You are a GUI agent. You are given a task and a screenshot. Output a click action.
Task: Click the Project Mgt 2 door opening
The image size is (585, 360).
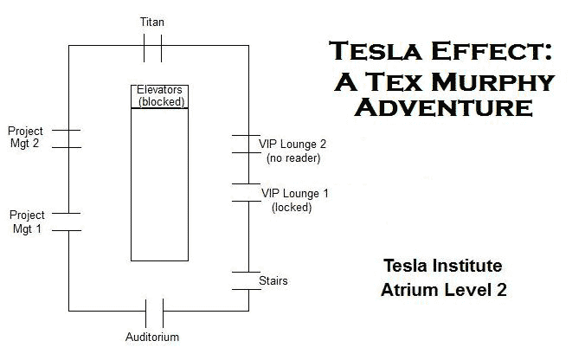coord(68,138)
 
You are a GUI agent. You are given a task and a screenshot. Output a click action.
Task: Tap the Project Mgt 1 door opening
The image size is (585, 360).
coord(68,222)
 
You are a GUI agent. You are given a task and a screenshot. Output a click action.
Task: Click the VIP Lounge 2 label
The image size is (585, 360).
coord(293,144)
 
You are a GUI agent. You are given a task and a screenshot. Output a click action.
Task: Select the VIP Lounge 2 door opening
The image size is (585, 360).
coord(248,145)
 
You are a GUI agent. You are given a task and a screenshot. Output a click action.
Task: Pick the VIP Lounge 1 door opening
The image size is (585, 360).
coord(248,192)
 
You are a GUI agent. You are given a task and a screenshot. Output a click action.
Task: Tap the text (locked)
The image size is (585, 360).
coord(292,207)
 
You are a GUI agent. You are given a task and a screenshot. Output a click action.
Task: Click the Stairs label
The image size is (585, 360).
coord(273,281)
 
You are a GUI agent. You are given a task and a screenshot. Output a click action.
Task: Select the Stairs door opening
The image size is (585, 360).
coord(248,281)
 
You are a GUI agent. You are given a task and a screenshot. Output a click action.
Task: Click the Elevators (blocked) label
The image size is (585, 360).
coord(159,95)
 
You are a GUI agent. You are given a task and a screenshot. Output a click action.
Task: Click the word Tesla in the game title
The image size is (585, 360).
coord(367,53)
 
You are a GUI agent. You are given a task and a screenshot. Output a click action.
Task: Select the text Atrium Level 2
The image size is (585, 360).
coord(443,289)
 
